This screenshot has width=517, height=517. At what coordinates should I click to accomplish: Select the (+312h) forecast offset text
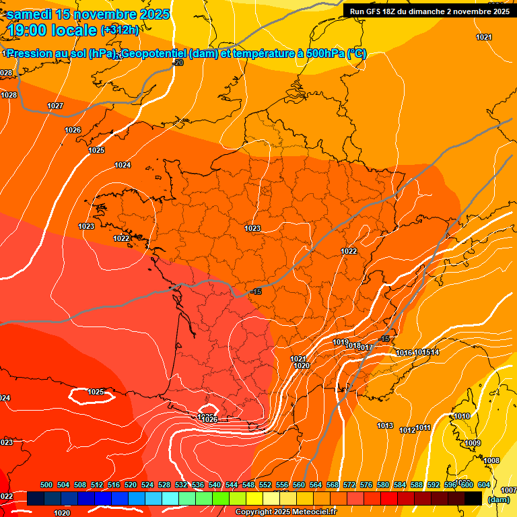120,30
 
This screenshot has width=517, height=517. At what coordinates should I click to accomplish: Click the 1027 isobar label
55,106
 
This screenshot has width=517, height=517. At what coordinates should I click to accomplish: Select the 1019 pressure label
341,342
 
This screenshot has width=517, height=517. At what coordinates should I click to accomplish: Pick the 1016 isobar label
404,353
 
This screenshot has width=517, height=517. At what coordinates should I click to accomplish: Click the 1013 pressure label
385,425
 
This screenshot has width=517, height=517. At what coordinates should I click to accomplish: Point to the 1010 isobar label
462,416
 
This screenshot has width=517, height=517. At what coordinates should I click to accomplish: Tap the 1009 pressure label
473,443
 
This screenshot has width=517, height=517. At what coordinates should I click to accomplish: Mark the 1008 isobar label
491,460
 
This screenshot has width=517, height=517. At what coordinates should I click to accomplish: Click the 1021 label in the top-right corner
484,37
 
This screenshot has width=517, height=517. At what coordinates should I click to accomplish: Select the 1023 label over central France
252,229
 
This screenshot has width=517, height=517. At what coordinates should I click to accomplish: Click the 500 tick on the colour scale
46,485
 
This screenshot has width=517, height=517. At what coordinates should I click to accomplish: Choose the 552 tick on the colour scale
265,485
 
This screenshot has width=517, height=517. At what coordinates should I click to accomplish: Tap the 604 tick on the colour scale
483,485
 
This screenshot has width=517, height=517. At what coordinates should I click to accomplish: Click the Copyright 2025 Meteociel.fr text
285,512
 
